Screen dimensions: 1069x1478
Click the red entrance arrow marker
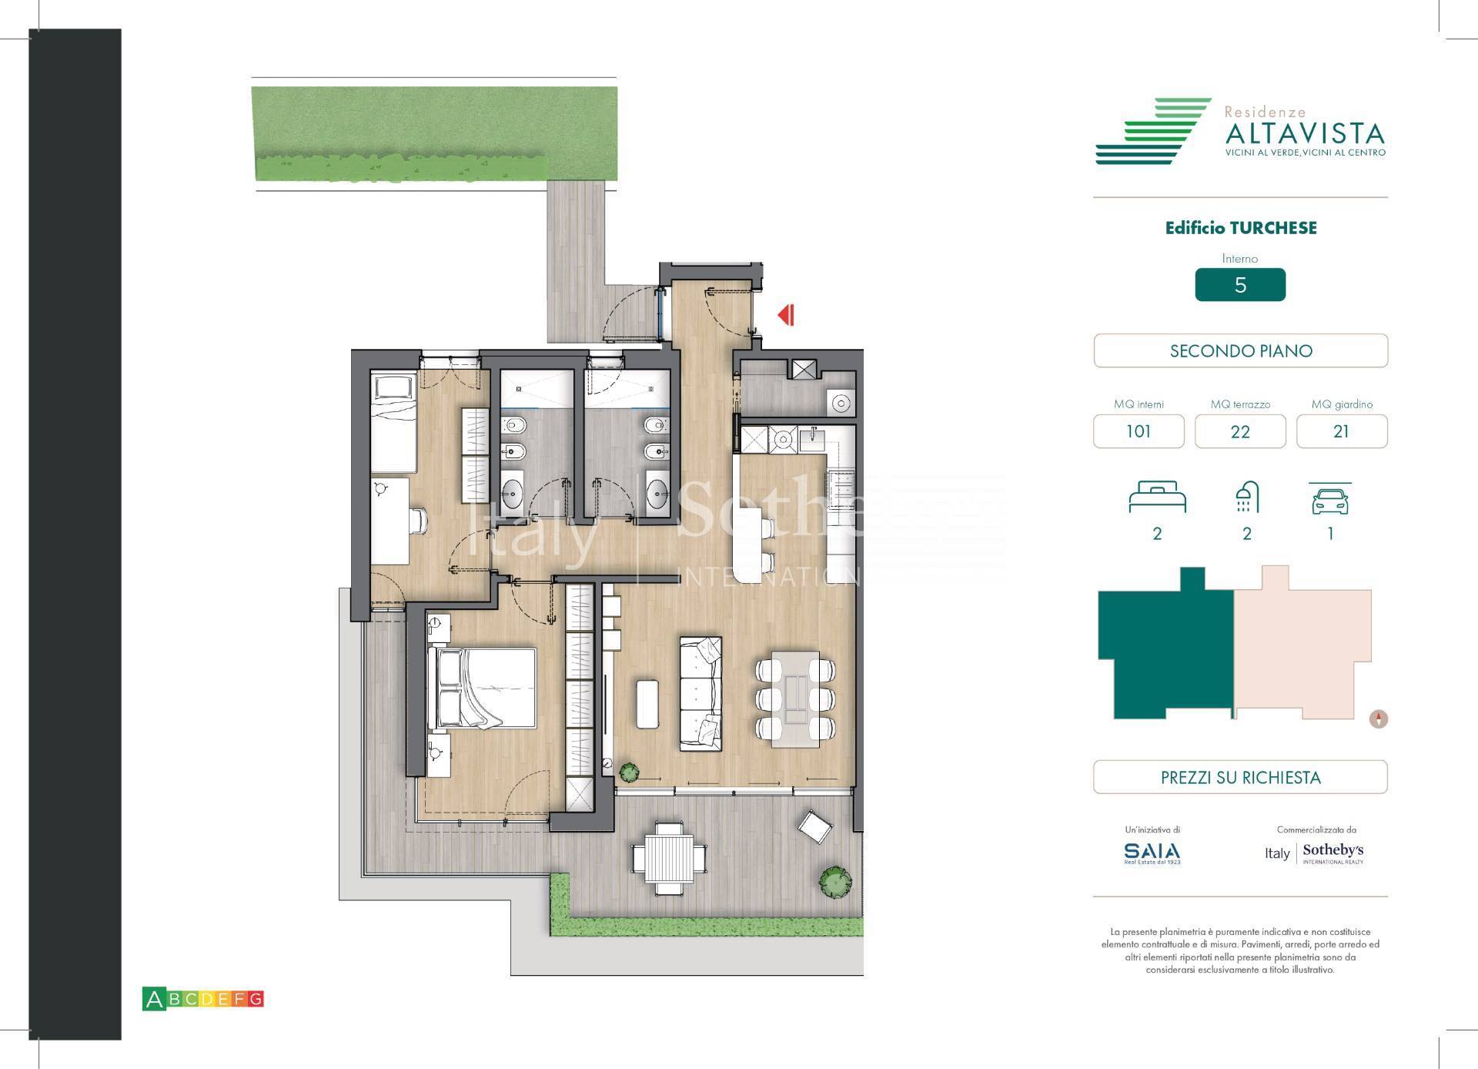(786, 315)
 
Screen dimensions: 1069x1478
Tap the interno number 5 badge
(1239, 285)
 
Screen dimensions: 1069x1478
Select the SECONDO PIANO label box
(1240, 351)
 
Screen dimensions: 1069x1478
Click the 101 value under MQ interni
(1139, 431)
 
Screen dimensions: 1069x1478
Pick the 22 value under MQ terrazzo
(1239, 431)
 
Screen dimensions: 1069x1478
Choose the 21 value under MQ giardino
(1341, 431)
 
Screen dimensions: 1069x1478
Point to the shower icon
(1247, 498)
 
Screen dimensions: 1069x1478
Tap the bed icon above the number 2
(1157, 498)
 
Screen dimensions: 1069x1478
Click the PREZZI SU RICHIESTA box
(1240, 777)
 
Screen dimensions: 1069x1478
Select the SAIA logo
(1152, 852)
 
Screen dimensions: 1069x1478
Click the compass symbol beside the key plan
(1379, 719)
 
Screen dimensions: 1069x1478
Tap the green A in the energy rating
(154, 1000)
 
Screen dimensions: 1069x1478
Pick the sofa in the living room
(701, 693)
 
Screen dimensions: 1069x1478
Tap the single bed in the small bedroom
(393, 422)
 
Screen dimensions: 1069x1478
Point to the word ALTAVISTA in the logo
(1304, 134)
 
